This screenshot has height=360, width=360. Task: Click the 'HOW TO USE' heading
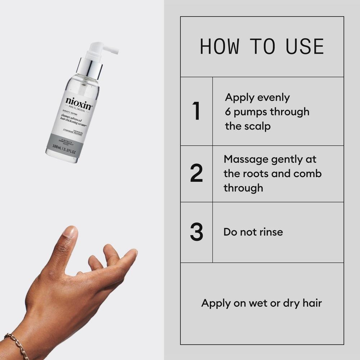(262, 47)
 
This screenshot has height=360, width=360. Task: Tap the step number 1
(196, 111)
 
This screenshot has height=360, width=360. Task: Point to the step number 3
(196, 232)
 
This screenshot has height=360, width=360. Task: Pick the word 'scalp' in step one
(257, 126)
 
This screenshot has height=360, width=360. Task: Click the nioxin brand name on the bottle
(79, 102)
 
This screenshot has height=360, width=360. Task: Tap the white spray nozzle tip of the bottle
(114, 51)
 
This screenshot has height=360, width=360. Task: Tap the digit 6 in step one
(228, 112)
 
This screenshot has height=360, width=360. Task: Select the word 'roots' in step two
(255, 174)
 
